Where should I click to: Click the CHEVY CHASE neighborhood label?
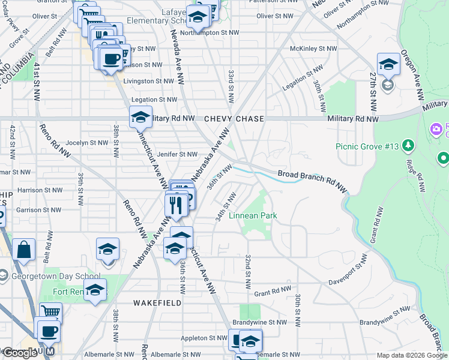click(x=234, y=119)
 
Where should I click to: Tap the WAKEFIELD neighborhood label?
click(x=157, y=303)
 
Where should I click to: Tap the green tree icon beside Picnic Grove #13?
click(x=408, y=145)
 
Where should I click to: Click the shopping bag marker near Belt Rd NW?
click(x=23, y=250)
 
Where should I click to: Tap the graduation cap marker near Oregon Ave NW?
click(x=388, y=64)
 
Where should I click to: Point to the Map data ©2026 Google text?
click(x=411, y=355)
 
